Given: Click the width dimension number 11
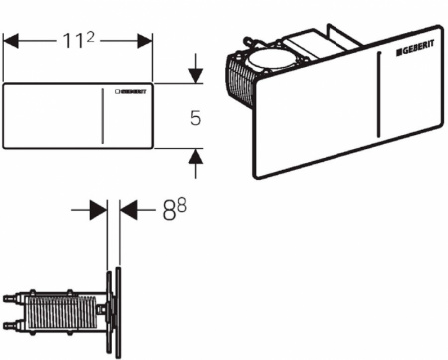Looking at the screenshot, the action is (74, 41).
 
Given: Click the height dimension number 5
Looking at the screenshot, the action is (196, 118).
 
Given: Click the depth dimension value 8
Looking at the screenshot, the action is (169, 211).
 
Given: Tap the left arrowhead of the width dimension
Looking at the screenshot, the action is (11, 41).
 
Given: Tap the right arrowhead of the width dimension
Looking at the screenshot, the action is (145, 41).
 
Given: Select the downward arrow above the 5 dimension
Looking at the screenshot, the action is (196, 68).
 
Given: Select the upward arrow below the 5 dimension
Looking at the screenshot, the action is (196, 164).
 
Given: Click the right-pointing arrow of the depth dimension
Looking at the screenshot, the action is (89, 210).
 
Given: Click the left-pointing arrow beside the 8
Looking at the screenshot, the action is (137, 210).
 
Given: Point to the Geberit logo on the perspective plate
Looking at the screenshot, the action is (415, 48).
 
